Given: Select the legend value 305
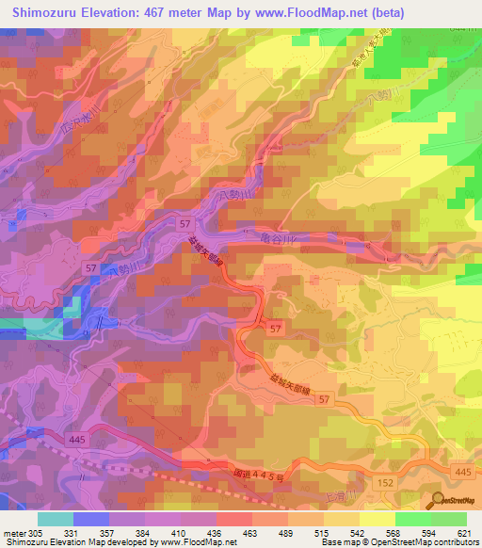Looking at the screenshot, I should click(x=36, y=534).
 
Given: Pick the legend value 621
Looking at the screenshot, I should click(x=460, y=534).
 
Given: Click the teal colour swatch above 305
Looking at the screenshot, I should click(x=55, y=519).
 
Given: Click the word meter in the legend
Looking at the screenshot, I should click(x=13, y=534).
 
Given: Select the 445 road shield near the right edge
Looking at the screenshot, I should click(x=462, y=471).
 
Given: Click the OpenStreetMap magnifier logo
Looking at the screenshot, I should click(x=438, y=500).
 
